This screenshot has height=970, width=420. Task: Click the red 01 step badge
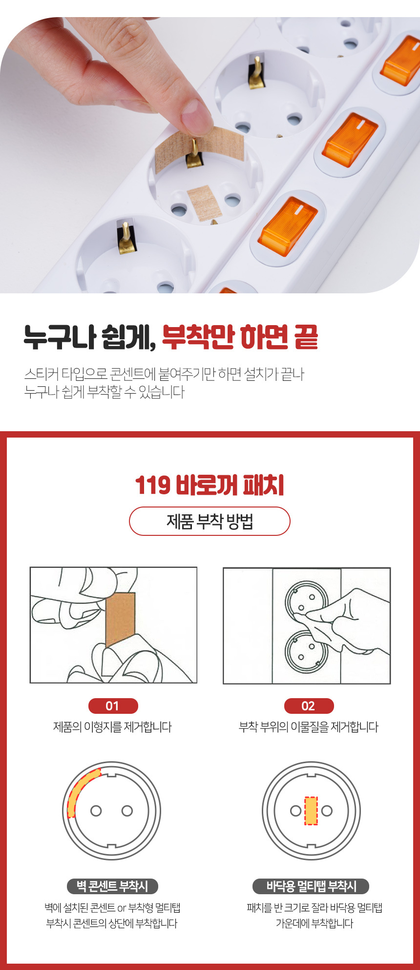pyautogui.click(x=113, y=706)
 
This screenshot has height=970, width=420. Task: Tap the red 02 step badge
pyautogui.click(x=309, y=706)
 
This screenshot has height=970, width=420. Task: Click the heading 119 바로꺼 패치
pyautogui.click(x=210, y=485)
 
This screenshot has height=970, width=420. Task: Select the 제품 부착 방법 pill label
pyautogui.click(x=210, y=521)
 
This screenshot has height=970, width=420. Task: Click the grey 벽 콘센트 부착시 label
pyautogui.click(x=112, y=886)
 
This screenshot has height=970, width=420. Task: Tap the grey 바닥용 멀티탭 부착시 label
pyautogui.click(x=311, y=886)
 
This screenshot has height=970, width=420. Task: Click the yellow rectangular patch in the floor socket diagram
pyautogui.click(x=311, y=811)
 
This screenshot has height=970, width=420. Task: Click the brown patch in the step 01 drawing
pyautogui.click(x=120, y=620)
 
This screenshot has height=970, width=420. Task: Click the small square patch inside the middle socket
pyautogui.click(x=205, y=202)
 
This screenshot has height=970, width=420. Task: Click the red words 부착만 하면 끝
pyautogui.click(x=240, y=337)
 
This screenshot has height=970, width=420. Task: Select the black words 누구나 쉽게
pyautogui.click(x=90, y=337)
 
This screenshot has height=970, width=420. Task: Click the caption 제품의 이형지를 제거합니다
pyautogui.click(x=113, y=727)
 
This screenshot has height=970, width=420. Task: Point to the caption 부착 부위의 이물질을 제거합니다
pyautogui.click(x=309, y=727)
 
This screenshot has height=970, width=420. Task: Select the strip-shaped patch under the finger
pyautogui.click(x=200, y=146)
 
